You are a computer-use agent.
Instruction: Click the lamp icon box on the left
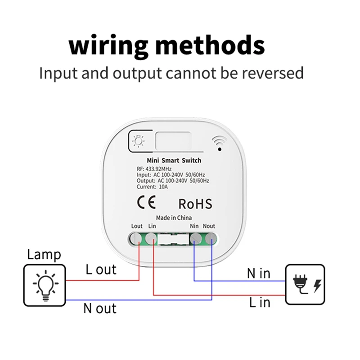pos(44,285)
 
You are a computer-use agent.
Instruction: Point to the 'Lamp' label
pos(44,255)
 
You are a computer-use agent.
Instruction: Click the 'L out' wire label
pos(101,270)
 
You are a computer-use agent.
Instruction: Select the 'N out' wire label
pos(99,308)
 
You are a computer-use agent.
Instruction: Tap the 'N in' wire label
pos(258,273)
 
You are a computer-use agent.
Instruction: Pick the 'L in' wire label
pos(260,302)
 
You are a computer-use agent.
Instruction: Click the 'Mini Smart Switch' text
pos(174,161)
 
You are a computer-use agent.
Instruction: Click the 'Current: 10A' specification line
pos(152,186)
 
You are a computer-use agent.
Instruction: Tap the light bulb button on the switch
pos(136,141)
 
